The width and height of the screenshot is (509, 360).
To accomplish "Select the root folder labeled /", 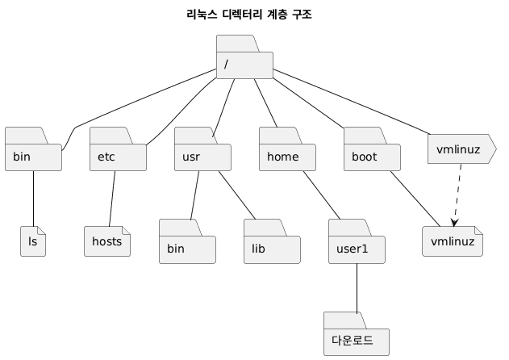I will click(x=244, y=64).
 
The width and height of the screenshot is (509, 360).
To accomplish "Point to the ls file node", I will click(x=33, y=241).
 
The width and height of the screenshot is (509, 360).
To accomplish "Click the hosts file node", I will click(x=107, y=241).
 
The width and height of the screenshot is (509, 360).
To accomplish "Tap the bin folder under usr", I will click(x=187, y=247).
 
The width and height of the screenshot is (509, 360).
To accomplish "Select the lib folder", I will click(x=272, y=247).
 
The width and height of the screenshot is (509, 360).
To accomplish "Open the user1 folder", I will click(x=357, y=247).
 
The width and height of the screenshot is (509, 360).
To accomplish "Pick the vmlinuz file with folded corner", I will click(x=452, y=241).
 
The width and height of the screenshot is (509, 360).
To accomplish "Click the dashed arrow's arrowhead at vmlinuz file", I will click(x=455, y=223).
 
